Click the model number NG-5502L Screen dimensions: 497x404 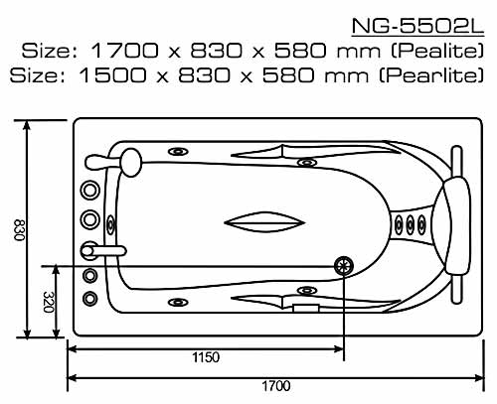pos(417,26)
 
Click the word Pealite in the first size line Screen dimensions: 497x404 pos(437,51)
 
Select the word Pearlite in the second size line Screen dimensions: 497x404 pos(430,75)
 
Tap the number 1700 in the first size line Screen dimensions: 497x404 pos(124,51)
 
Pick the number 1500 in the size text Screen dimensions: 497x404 pos(112,75)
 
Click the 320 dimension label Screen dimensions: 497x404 pos(49,302)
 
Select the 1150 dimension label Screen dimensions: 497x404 pos(206,357)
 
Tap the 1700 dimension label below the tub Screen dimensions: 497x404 pos(276,386)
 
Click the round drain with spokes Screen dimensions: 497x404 pos(344,266)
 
